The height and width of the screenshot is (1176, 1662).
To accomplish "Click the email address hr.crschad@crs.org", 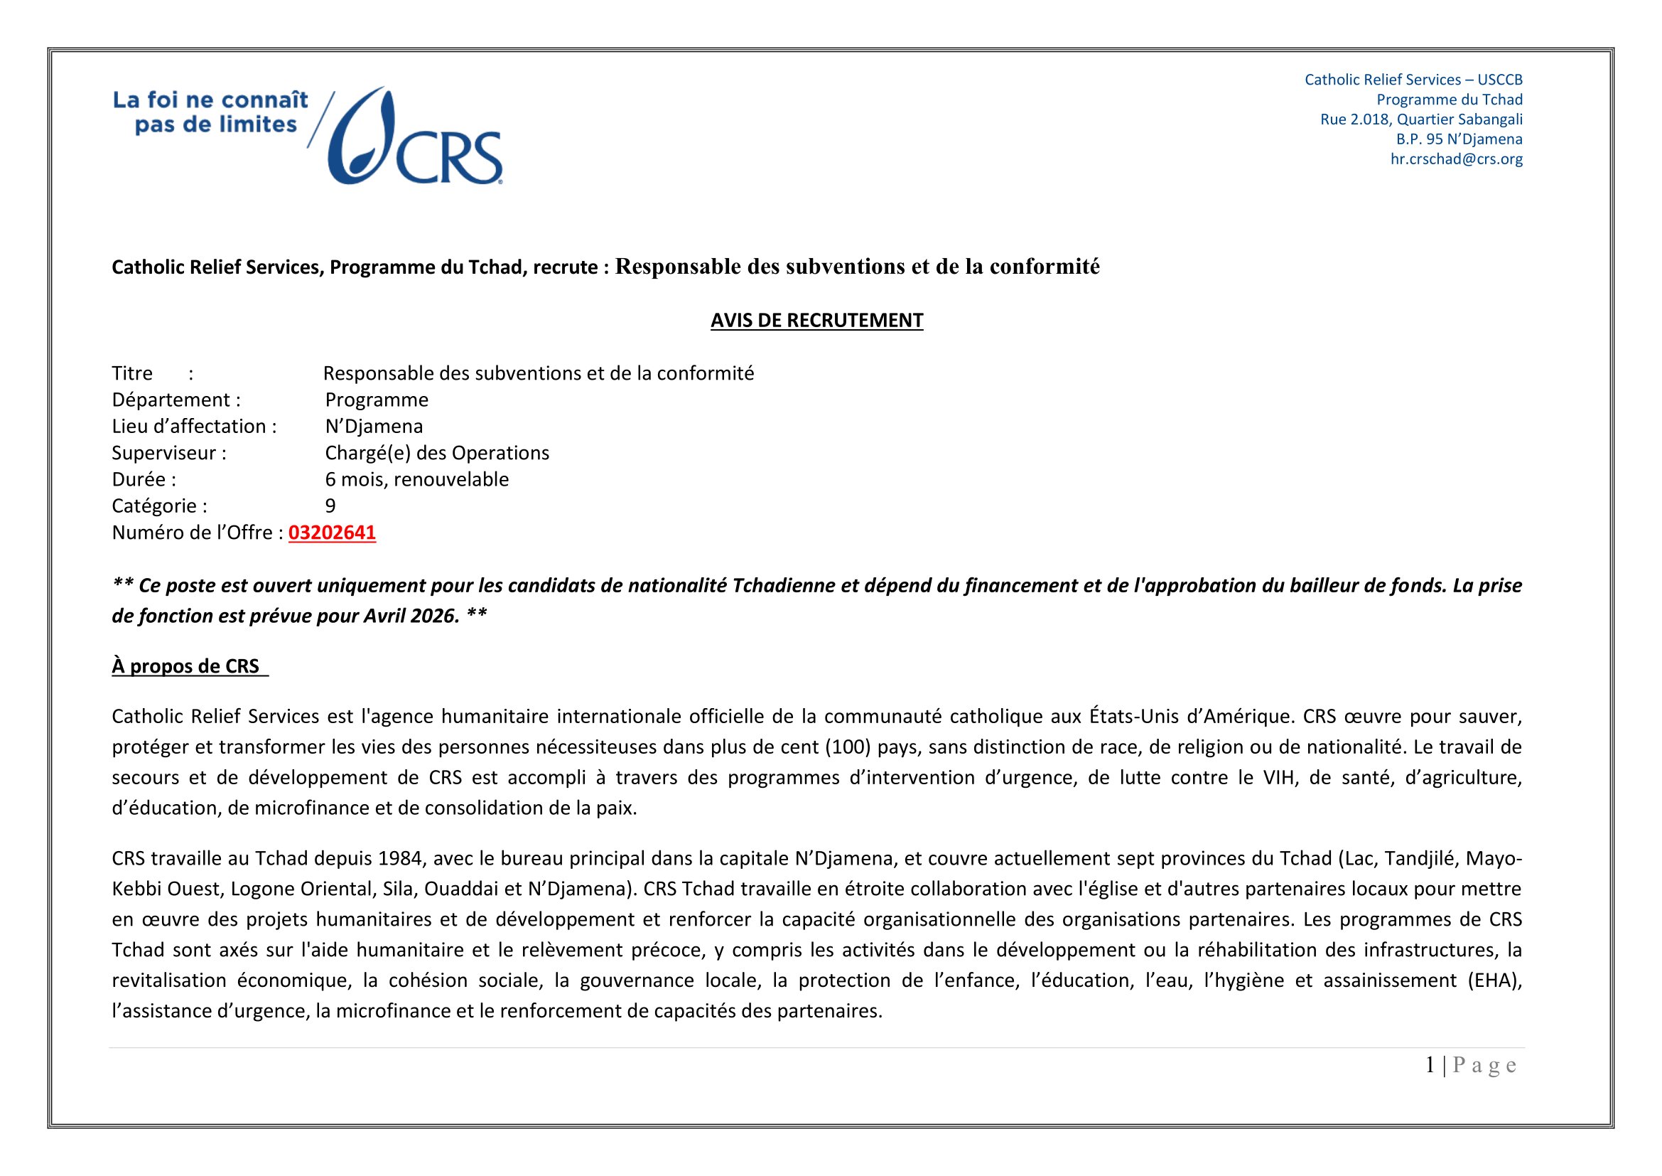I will (x=1456, y=159).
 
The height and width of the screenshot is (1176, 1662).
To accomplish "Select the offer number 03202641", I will (x=333, y=533).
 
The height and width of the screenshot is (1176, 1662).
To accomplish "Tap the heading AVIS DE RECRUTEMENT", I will (x=816, y=321).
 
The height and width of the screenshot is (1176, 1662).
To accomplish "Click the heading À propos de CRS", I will (x=186, y=666).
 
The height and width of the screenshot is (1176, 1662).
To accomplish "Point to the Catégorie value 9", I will (x=330, y=506).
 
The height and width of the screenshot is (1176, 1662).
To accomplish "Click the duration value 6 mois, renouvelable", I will (x=416, y=479).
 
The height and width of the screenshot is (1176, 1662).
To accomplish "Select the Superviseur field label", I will (x=168, y=454).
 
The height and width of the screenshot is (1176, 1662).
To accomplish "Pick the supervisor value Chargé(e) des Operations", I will (x=436, y=454).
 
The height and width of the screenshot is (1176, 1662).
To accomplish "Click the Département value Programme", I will (x=377, y=400).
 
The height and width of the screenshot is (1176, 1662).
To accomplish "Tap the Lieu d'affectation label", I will (x=194, y=427).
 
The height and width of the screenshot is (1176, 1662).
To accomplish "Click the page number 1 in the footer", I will (x=1430, y=1065).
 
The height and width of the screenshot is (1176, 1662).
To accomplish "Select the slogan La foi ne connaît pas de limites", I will (x=210, y=112).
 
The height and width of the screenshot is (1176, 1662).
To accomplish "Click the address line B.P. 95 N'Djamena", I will (x=1459, y=139).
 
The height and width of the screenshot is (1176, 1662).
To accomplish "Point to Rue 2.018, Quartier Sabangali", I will (x=1421, y=119).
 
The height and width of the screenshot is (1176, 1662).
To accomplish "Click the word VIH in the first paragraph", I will (x=1279, y=778).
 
